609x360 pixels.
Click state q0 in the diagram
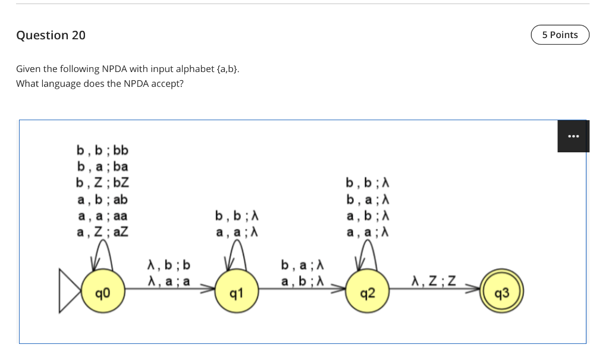[102, 292]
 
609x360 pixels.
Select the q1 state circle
[237, 292]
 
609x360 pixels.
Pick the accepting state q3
[501, 292]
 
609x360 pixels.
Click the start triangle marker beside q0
[69, 292]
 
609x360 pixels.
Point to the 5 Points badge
[560, 35]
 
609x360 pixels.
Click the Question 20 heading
[51, 35]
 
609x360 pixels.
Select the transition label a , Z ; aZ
[102, 232]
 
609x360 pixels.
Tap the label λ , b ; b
[169, 264]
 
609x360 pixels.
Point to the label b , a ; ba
[102, 166]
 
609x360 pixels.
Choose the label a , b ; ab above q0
[102, 199]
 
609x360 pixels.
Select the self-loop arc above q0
[102, 252]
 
